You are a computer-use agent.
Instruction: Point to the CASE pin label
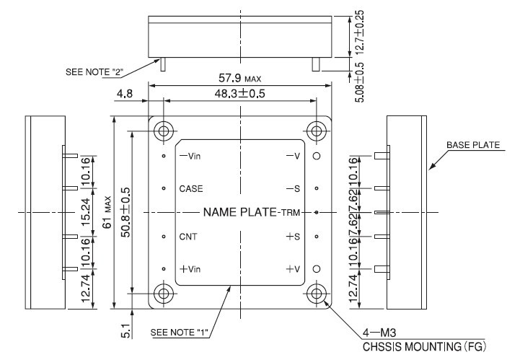click(x=191, y=188)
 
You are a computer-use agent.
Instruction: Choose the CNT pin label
click(x=188, y=237)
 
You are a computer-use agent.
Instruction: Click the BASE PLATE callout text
click(x=472, y=145)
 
